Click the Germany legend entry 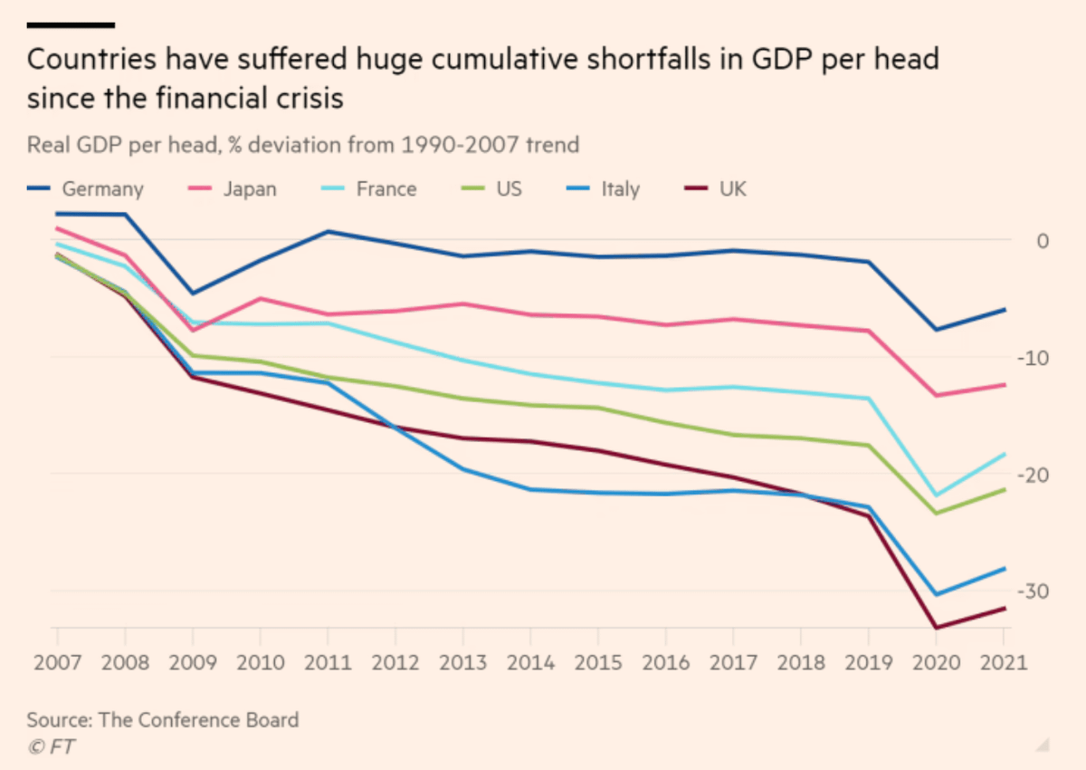click(102, 189)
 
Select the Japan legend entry click(250, 189)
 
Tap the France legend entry click(386, 189)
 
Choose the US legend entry click(508, 189)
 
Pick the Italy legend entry click(621, 189)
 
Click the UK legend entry click(733, 189)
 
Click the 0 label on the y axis click(1043, 240)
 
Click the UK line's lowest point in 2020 click(938, 627)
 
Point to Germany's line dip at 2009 click(192, 293)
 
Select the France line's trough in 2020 click(938, 496)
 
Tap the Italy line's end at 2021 click(1005, 569)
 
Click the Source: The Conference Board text click(163, 721)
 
